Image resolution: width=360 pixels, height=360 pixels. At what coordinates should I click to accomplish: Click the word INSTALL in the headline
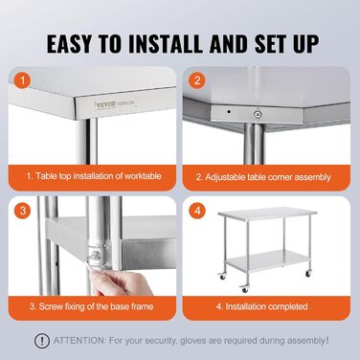coord(165,43)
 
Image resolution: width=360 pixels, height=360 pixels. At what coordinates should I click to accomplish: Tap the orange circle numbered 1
coord(22,79)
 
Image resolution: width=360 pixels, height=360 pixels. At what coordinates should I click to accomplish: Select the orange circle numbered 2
coord(197,80)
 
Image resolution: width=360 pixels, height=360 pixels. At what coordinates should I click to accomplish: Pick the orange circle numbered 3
coord(22,211)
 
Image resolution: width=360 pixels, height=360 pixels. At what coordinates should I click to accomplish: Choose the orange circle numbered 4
coord(197,211)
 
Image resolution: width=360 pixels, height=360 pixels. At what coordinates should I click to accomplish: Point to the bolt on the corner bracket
coord(257,114)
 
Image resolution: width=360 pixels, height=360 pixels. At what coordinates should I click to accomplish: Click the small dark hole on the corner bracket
coord(229,112)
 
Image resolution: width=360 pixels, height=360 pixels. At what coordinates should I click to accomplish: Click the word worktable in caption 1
coord(143,176)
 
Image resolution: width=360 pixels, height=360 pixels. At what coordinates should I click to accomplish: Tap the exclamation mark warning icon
coord(42,341)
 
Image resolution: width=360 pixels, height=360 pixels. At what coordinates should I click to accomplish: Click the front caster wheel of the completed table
coord(245,288)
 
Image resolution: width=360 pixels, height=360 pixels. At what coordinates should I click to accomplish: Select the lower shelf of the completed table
coord(266,259)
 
